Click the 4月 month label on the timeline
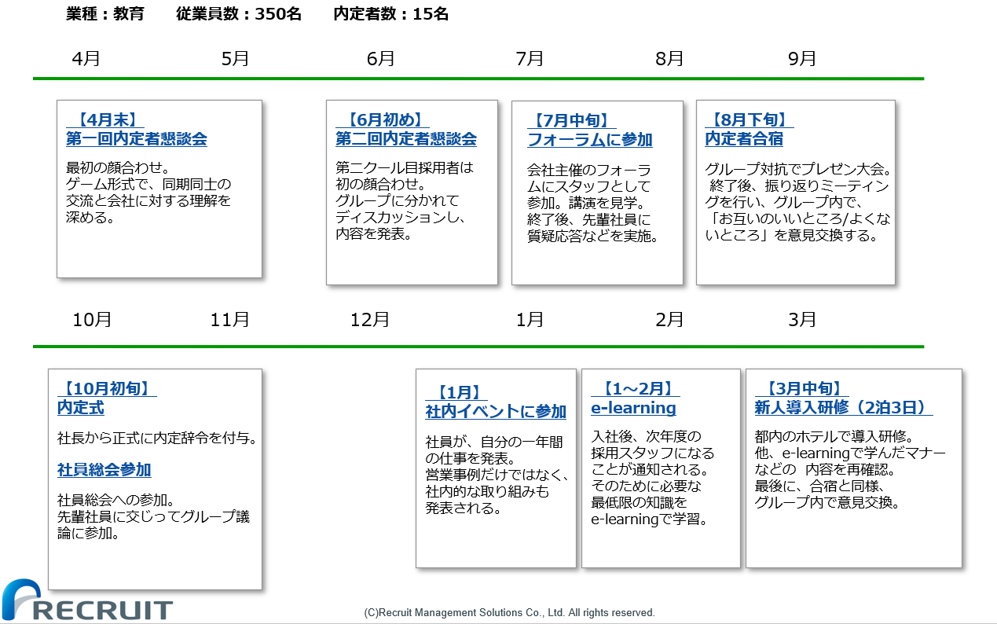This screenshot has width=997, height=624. (86, 59)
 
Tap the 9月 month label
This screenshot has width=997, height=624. (801, 59)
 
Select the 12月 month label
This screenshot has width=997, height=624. (369, 320)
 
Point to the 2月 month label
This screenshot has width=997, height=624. (669, 320)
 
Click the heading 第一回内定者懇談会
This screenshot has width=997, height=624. (137, 139)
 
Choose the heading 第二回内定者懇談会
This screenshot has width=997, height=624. (406, 139)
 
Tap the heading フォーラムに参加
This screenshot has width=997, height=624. (590, 140)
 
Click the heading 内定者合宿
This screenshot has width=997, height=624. (744, 139)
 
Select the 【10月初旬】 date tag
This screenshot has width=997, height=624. (107, 388)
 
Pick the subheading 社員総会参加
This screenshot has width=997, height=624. (104, 469)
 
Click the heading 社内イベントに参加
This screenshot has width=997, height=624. (496, 411)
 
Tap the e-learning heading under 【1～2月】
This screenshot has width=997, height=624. (633, 408)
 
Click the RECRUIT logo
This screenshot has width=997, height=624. (87, 600)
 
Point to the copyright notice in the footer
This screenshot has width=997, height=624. (509, 613)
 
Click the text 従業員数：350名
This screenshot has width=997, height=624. (239, 14)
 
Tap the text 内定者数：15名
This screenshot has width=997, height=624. (390, 14)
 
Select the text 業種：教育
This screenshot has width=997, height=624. (105, 14)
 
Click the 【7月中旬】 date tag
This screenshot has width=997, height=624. (571, 120)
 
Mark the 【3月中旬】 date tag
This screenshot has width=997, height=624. (801, 388)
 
